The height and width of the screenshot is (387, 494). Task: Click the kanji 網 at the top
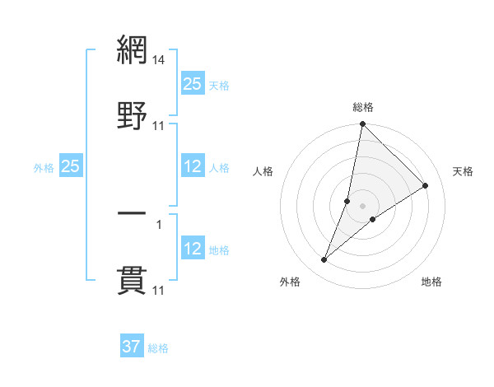coord(132,51)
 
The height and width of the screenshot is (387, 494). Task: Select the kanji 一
coord(132,213)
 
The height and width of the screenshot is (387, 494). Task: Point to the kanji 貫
coord(132,280)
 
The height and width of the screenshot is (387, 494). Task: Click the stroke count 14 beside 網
coord(159,61)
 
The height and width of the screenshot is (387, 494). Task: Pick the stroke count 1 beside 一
coord(159,224)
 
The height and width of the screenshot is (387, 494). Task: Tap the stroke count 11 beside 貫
coord(159,291)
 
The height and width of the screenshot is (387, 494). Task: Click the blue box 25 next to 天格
coord(192,84)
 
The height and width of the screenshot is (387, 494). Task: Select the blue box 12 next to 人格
coord(192,167)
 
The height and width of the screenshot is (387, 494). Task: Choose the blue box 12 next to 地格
coord(192,249)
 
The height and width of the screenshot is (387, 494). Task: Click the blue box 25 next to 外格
coord(70,167)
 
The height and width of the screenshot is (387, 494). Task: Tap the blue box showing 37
coord(132,347)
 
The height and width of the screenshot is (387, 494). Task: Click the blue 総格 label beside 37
coord(158,348)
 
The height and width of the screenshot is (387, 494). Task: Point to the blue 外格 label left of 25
coord(44,168)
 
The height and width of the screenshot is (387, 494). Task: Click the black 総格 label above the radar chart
coord(362,107)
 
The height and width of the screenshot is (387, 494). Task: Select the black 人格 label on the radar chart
coord(263,171)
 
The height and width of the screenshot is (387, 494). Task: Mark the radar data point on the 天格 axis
coord(426,185)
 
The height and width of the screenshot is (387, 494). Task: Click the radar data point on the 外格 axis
coord(324,260)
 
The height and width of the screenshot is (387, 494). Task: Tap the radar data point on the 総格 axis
coord(362,125)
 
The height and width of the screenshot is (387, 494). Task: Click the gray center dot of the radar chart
coord(362,206)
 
